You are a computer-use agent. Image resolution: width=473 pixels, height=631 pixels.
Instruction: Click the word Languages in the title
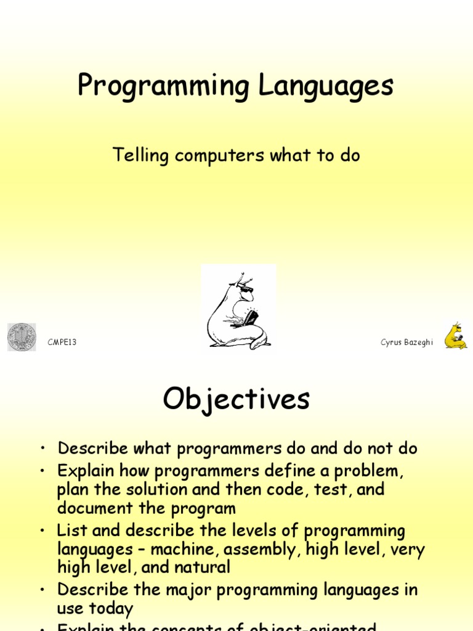pos(325,86)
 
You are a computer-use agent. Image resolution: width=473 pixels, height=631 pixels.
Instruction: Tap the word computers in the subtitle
pos(219,156)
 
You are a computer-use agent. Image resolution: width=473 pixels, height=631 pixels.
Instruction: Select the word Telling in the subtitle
pos(140,156)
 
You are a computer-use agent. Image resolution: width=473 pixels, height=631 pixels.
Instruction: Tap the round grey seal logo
pos(22,337)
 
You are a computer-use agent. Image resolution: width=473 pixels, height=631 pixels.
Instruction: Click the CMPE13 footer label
pos(62,343)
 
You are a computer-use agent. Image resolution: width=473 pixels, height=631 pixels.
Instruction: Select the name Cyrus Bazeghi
pos(406,343)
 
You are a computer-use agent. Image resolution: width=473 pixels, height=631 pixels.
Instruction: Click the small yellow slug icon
pos(456,336)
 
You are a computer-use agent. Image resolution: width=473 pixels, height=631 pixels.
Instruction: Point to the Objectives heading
pos(236,399)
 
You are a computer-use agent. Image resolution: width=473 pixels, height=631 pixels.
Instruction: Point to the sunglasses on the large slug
pos(246,288)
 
